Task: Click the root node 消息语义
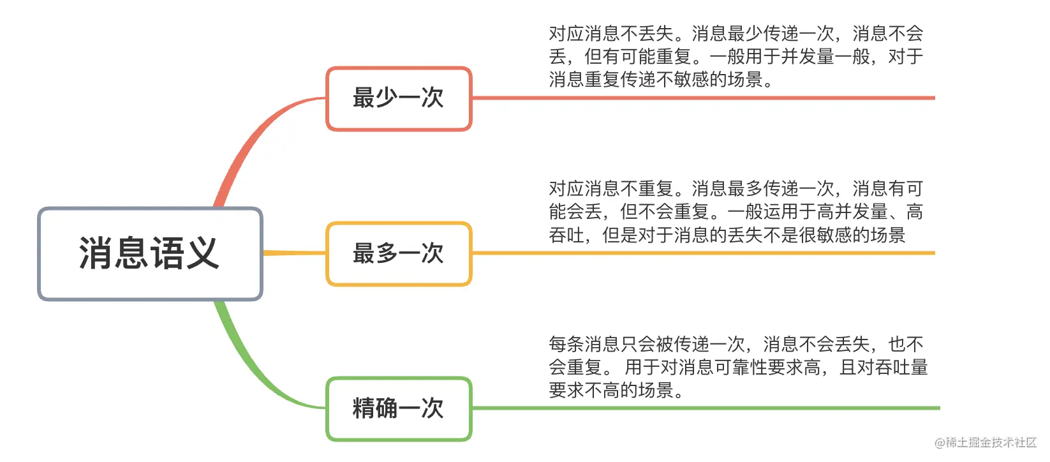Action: tap(150, 253)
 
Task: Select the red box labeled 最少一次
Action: tap(399, 98)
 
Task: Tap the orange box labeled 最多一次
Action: tap(399, 254)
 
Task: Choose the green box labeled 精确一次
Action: tap(399, 408)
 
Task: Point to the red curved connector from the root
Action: tap(253, 136)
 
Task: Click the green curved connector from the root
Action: tap(253, 371)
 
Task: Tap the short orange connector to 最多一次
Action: tap(294, 253)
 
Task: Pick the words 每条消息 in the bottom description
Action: tap(584, 345)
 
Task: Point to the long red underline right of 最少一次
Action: tap(704, 98)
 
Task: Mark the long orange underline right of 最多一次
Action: tap(704, 253)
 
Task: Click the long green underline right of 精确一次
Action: tap(706, 408)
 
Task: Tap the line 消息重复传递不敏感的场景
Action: tap(656, 80)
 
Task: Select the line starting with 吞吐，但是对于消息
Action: tap(727, 235)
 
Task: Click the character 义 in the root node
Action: tap(202, 253)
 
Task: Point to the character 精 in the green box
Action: tap(364, 408)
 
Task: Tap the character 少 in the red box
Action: tap(387, 98)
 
